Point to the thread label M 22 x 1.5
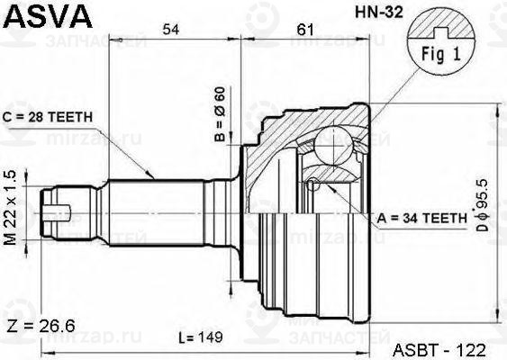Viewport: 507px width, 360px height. pos(12,208)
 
